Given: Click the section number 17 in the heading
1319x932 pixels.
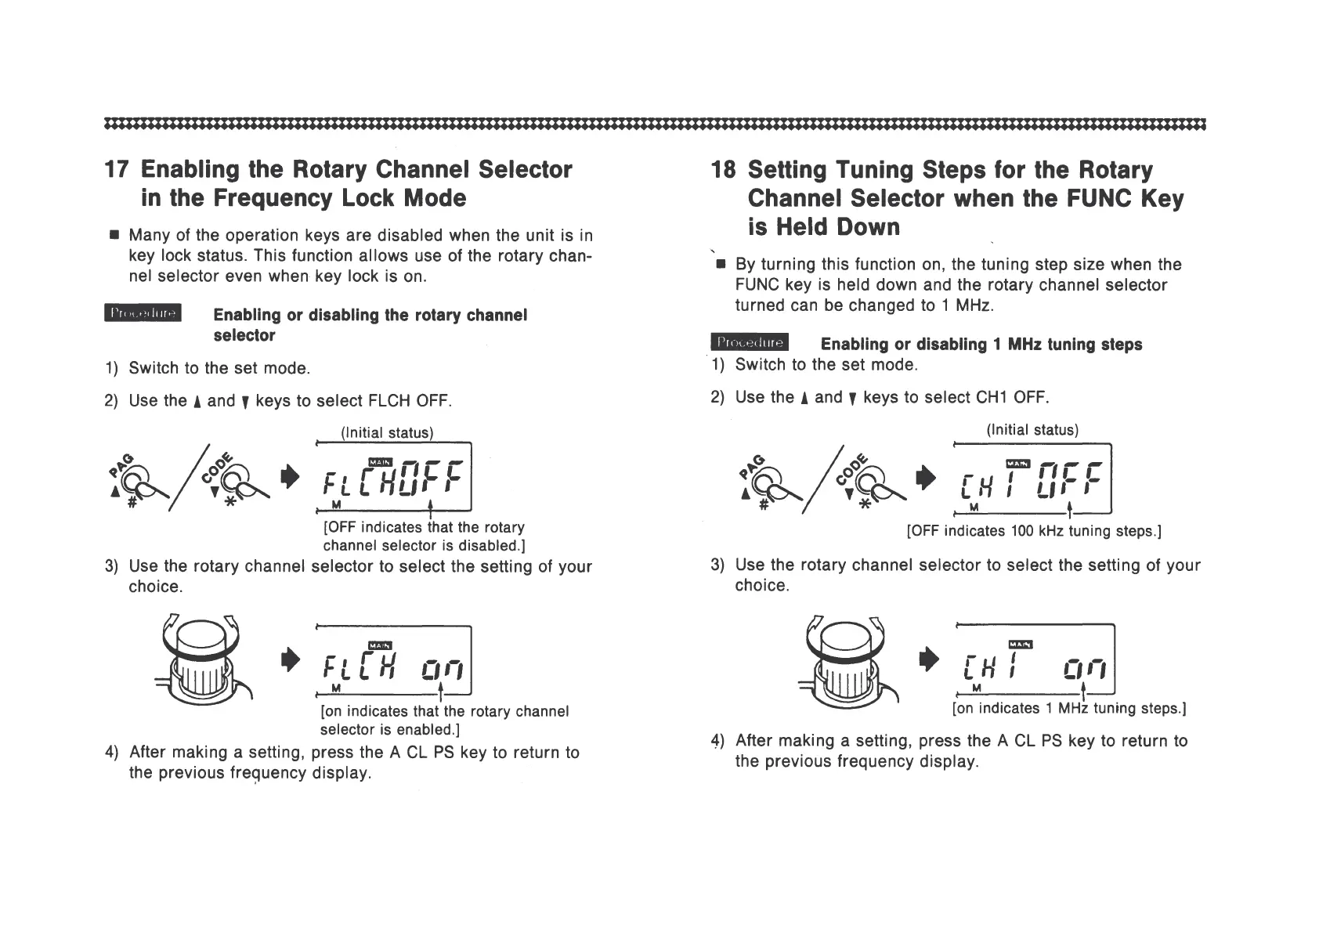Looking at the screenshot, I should click(117, 170).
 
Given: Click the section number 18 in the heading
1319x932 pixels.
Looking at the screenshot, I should click(723, 170).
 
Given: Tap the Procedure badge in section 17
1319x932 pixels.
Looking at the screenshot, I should click(143, 313).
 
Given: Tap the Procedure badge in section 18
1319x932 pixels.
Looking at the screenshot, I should click(750, 343).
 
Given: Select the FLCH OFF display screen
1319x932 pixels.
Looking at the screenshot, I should click(392, 476).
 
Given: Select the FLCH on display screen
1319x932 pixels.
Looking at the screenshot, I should click(392, 660).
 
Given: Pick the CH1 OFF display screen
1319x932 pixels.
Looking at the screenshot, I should click(1032, 478).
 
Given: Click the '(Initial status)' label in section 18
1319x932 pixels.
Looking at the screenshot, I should click(1032, 430).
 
